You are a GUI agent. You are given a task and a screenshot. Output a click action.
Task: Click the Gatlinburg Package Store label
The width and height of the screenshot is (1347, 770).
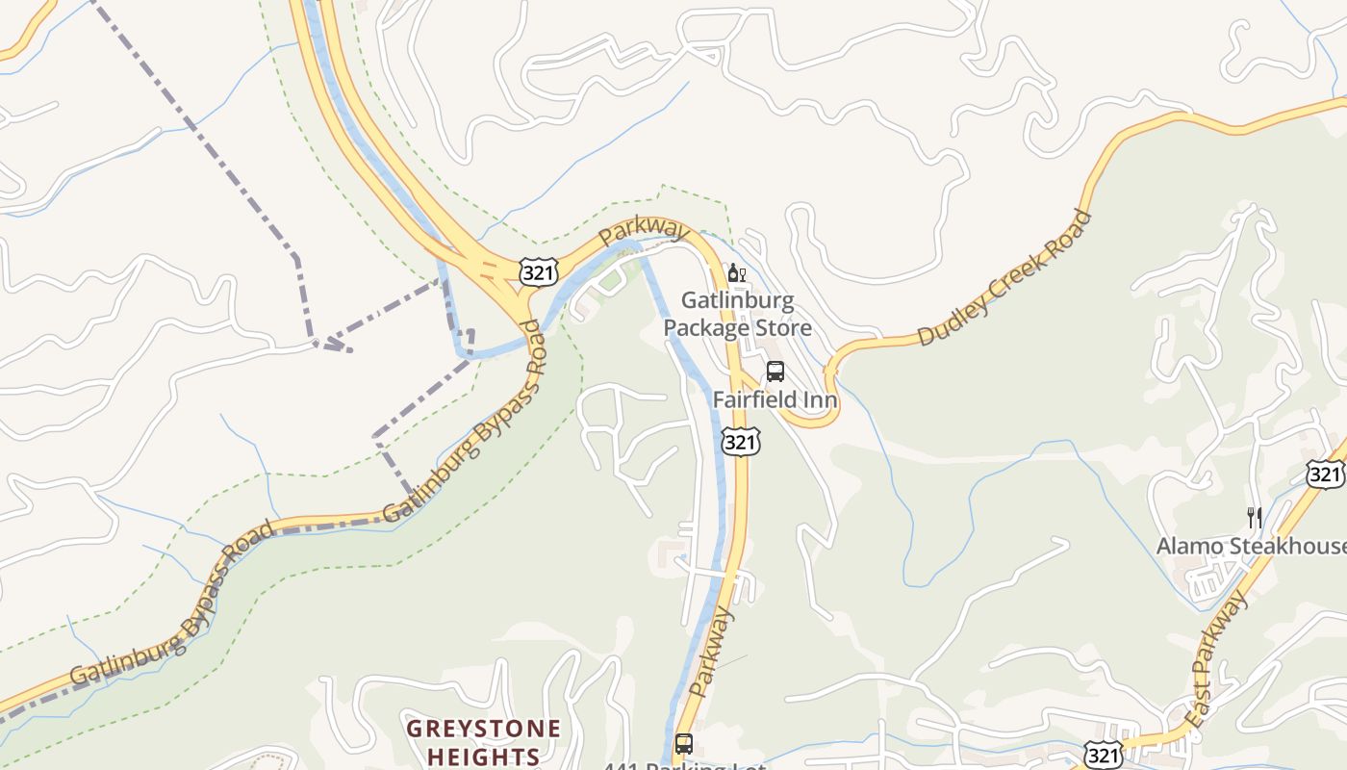tap(737, 315)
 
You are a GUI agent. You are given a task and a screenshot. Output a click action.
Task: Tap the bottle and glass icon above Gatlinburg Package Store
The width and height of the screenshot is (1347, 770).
tap(737, 273)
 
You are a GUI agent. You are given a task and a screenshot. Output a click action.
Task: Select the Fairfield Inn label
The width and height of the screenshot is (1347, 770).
tap(775, 398)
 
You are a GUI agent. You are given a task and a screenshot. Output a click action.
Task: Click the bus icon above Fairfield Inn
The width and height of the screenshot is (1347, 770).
tap(775, 372)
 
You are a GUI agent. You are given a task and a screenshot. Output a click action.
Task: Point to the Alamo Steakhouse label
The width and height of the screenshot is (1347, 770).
tap(1251, 546)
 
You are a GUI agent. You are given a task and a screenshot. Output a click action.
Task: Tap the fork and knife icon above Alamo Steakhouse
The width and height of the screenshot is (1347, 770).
tap(1254, 518)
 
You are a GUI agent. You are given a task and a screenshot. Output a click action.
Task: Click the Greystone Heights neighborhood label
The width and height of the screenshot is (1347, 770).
tap(483, 741)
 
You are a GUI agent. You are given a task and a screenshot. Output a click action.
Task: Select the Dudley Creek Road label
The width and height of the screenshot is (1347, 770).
tap(1004, 277)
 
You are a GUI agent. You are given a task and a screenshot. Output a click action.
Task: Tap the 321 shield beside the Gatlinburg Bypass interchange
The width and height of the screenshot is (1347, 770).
tap(537, 272)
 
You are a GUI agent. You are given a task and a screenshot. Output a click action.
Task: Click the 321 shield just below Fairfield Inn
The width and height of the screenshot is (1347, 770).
tap(740, 441)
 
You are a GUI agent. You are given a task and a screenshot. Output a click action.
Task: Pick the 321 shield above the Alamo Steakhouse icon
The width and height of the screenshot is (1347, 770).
tap(1326, 473)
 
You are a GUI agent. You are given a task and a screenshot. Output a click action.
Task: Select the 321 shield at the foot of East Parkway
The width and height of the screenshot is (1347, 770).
tap(1104, 755)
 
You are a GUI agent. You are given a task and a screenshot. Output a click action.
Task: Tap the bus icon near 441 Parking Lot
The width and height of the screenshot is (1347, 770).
tap(683, 744)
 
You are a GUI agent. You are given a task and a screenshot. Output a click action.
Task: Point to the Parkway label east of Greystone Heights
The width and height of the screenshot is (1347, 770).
tap(712, 652)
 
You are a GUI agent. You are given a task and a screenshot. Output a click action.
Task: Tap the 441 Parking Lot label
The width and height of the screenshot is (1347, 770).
tap(684, 766)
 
